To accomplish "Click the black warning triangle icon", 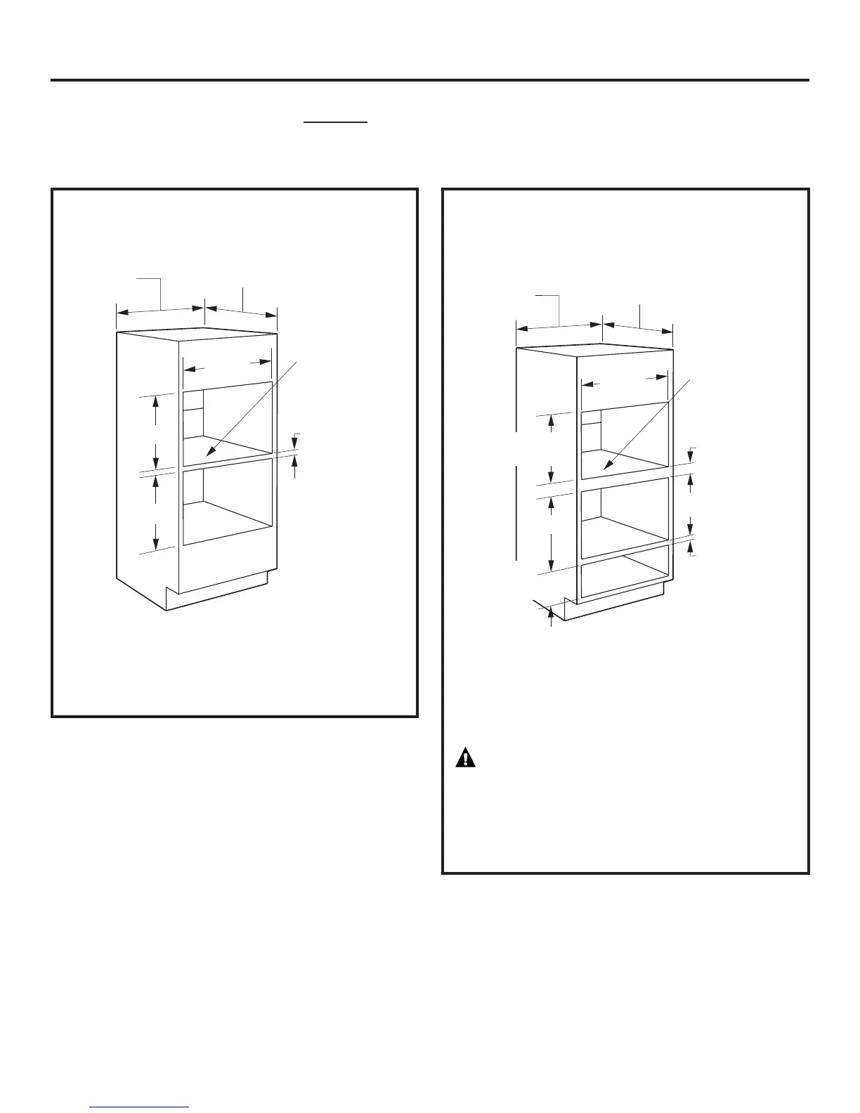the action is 465,758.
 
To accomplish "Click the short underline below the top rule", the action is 335,122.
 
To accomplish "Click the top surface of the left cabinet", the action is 197,335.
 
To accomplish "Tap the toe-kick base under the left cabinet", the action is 216,594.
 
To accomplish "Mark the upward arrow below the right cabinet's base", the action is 551,618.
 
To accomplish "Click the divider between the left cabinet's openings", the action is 227,464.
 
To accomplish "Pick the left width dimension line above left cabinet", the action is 159,311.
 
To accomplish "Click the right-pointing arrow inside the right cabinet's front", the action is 659,377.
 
